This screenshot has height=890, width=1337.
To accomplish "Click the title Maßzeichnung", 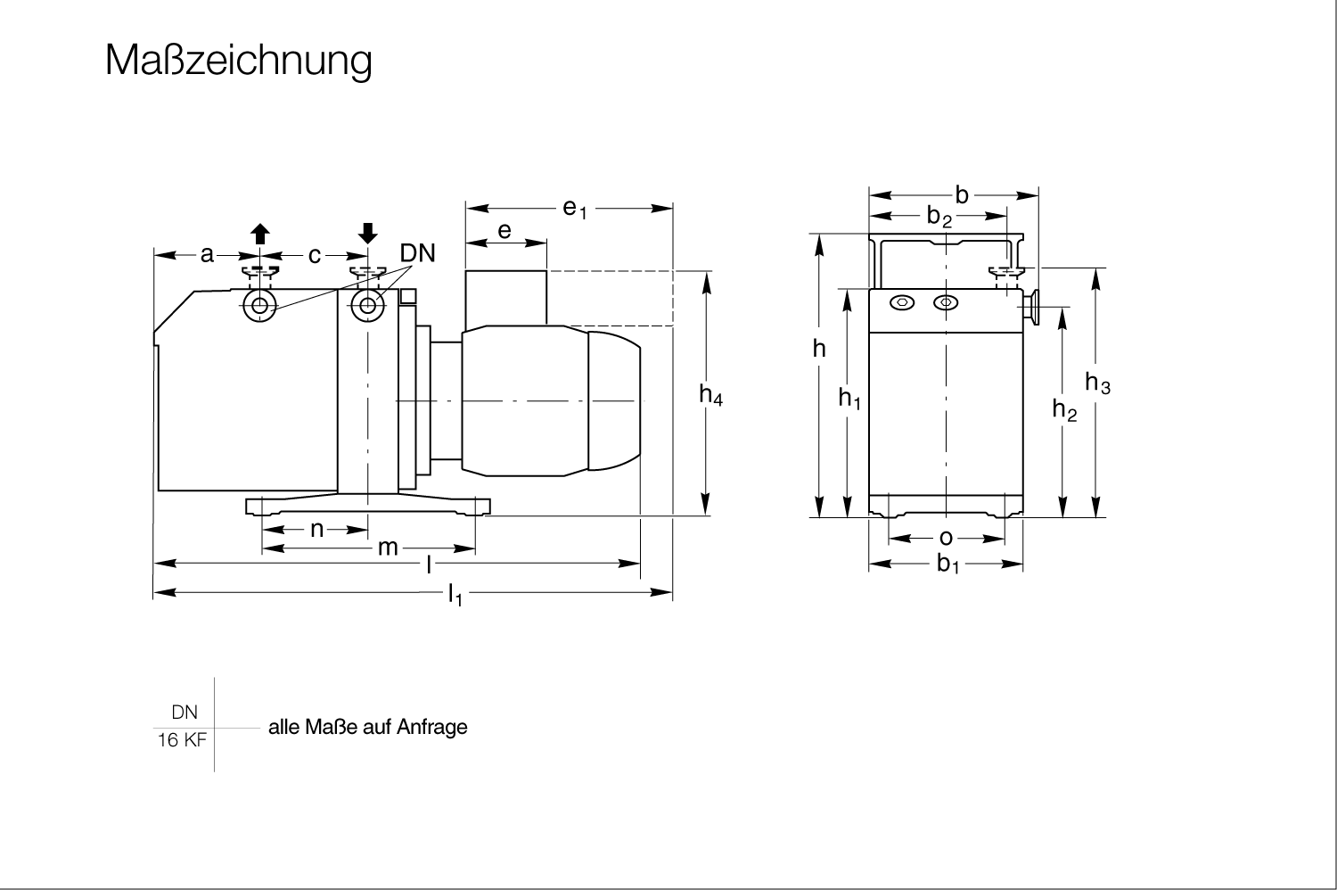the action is tap(238, 61).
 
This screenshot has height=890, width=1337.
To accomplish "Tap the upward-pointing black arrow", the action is tap(259, 234).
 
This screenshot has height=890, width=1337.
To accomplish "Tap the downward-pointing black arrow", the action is tap(367, 234).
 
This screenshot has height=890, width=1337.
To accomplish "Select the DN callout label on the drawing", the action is tap(417, 253).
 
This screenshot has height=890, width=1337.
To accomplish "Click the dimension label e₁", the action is tap(575, 209).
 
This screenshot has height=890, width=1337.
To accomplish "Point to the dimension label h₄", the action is tap(711, 395).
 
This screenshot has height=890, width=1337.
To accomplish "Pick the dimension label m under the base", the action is tap(388, 548).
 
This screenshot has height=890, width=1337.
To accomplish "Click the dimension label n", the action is tap(317, 529).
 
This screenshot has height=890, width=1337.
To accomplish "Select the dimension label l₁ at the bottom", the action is tap(455, 595).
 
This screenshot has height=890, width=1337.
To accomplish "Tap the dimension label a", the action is tap(207, 254).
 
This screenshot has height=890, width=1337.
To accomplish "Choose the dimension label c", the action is tap(315, 256).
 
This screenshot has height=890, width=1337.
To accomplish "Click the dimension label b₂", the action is tap(939, 217).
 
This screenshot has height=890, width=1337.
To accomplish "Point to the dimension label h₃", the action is tap(1097, 383).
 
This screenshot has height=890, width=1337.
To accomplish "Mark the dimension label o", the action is tap(946, 538).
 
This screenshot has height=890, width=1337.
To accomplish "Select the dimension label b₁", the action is tap(947, 564).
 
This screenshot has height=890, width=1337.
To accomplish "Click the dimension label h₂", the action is tap(1064, 409).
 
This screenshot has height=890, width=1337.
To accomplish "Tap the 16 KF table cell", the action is tap(182, 740).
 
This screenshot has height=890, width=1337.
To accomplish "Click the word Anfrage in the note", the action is tap(432, 727).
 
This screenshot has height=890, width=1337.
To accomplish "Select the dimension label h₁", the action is tap(849, 399).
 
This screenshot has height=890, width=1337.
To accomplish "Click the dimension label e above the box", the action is tap(504, 231).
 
